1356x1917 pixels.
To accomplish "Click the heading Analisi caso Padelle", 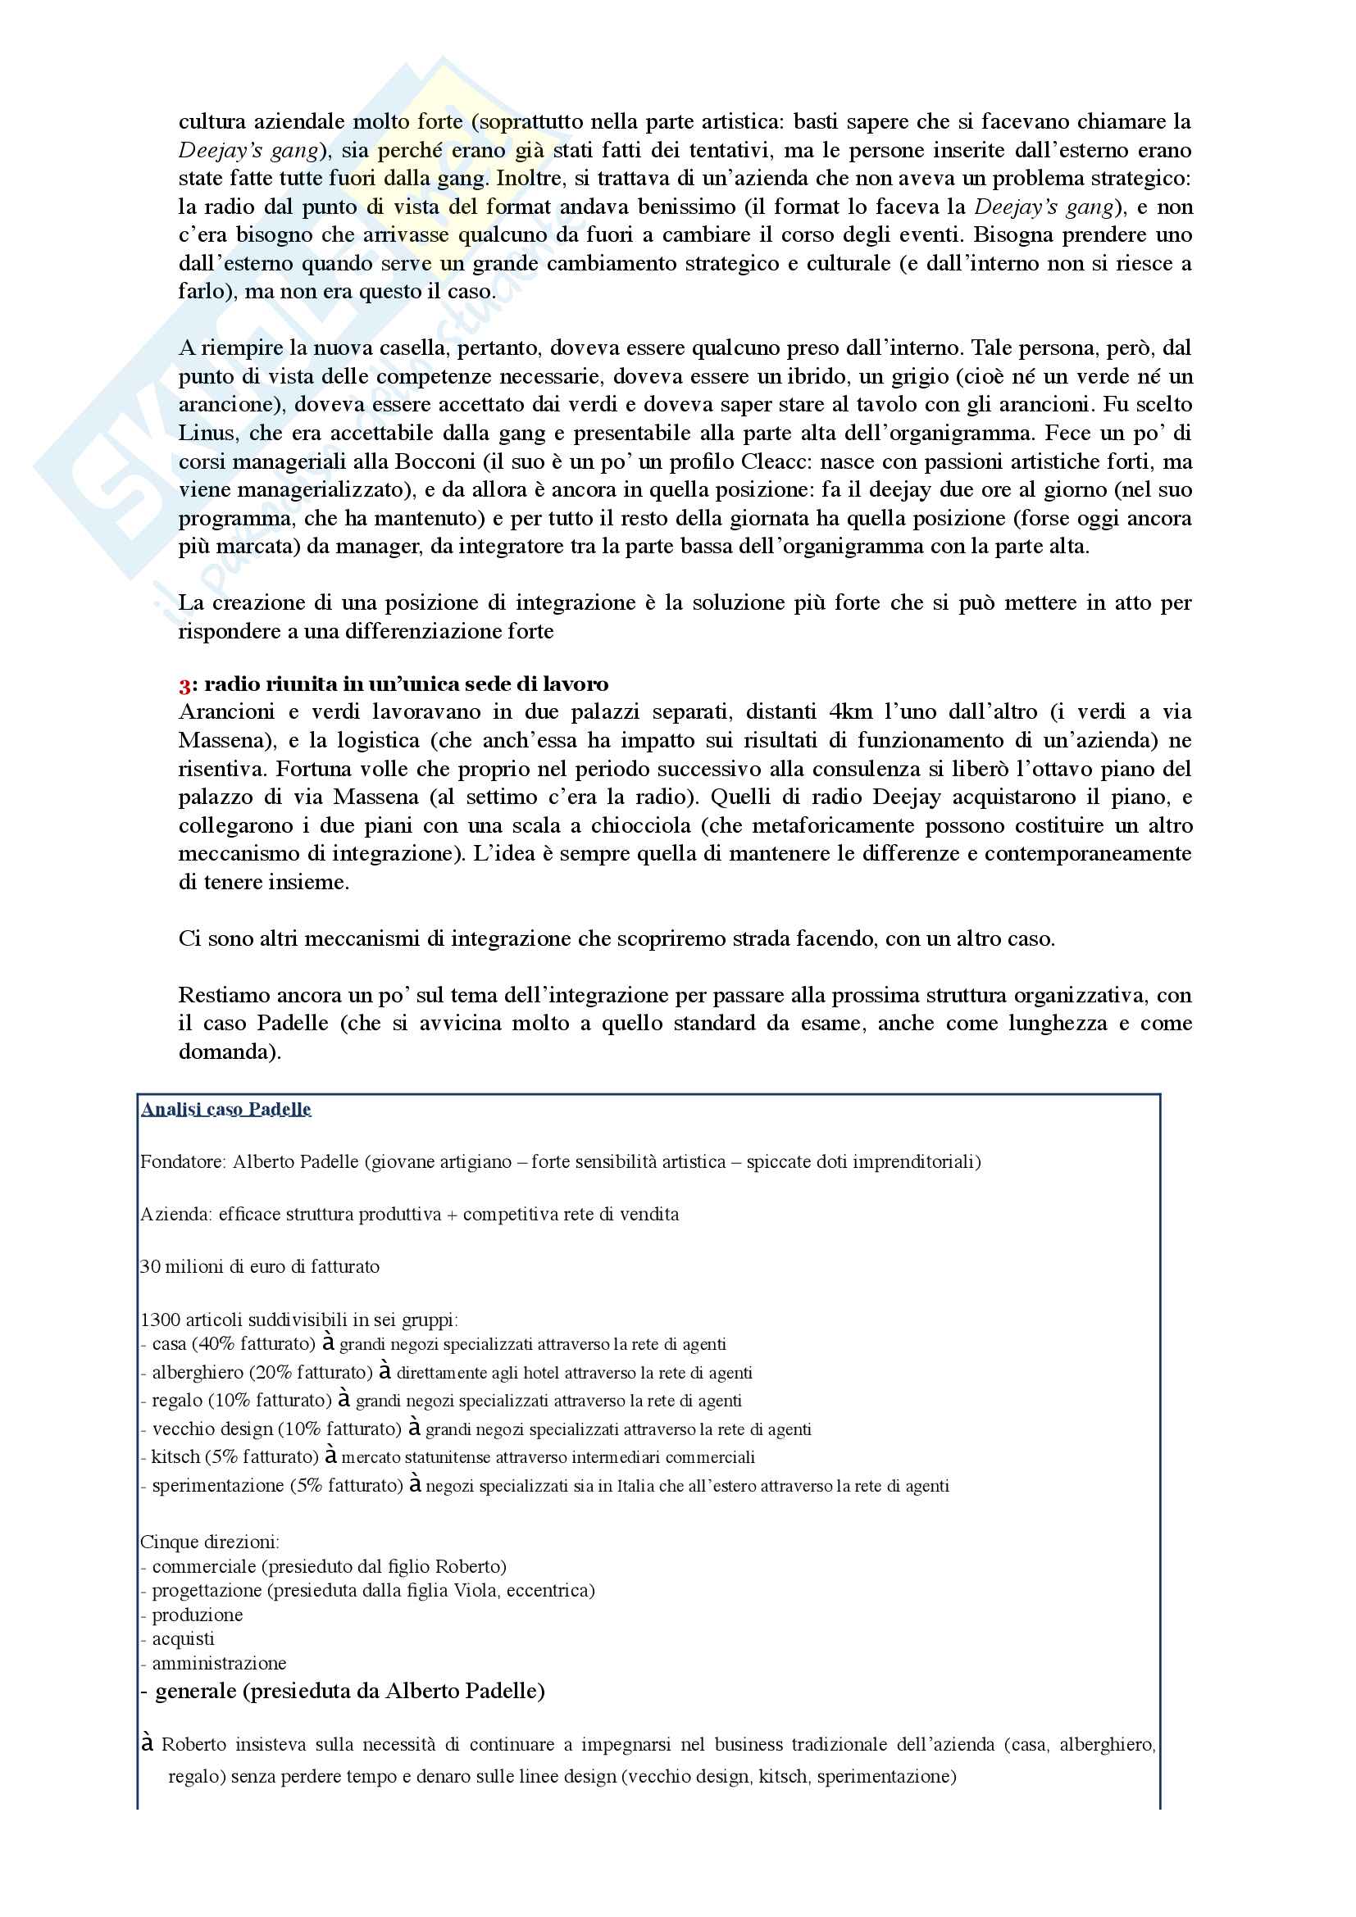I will click(225, 1109).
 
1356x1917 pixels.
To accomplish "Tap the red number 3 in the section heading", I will click(184, 684).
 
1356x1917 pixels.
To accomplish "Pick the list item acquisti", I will click(183, 1639).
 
